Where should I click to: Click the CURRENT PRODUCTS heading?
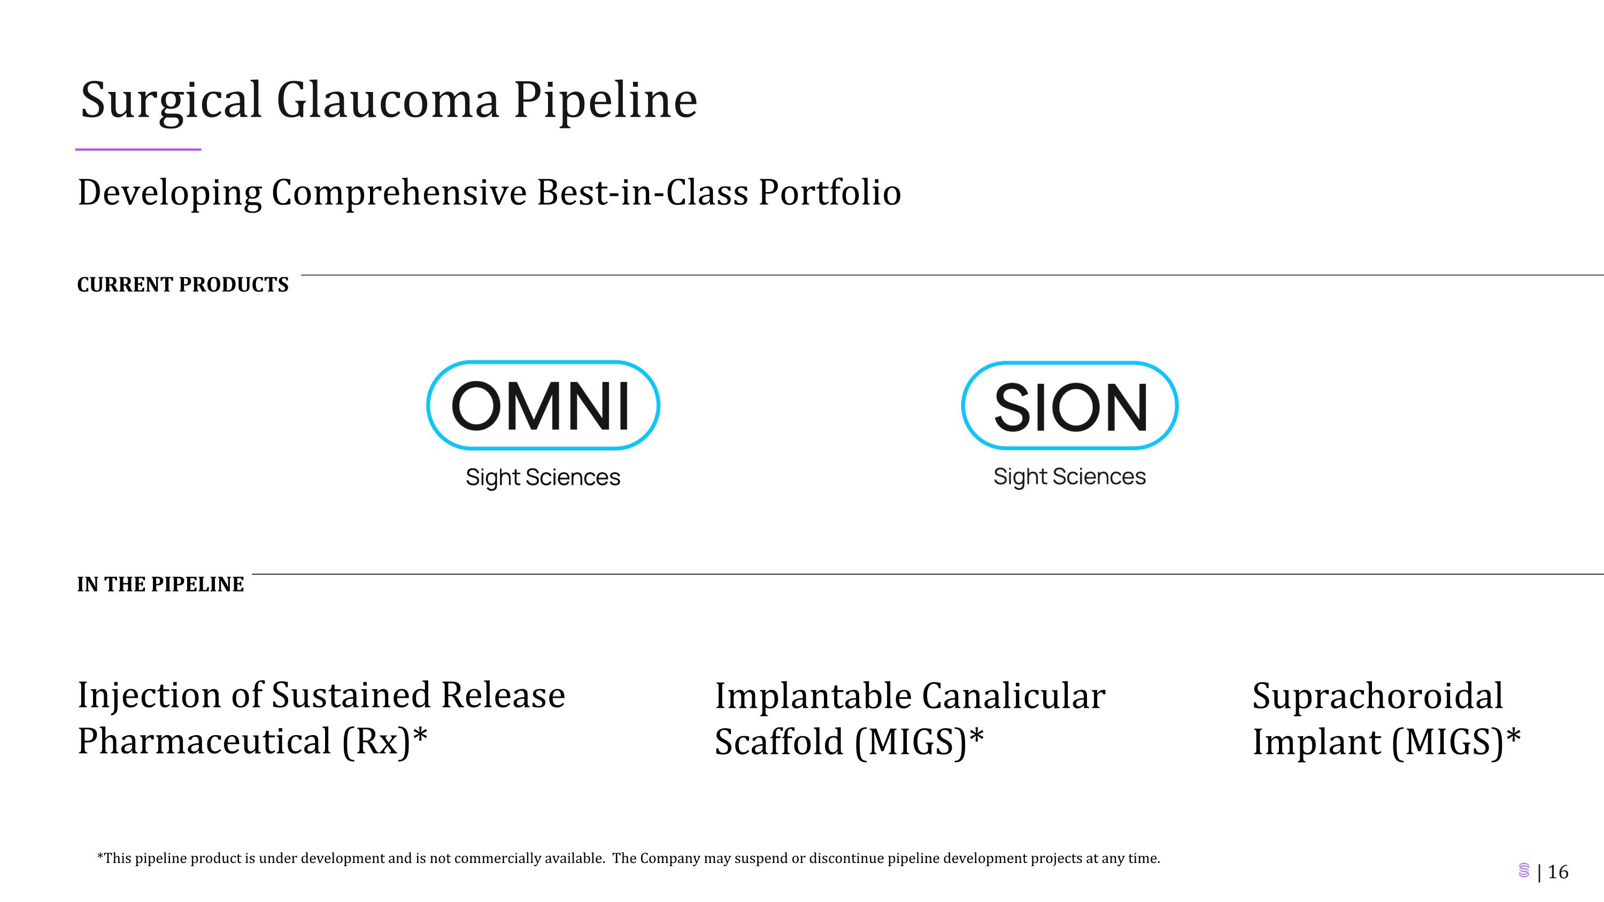[182, 284]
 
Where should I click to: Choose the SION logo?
[1069, 405]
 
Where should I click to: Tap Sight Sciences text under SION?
[1069, 477]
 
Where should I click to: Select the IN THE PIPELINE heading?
[160, 584]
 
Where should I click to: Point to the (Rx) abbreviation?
[376, 742]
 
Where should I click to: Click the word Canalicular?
[1013, 696]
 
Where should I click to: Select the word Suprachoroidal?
[1377, 696]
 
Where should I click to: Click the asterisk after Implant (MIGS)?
[1513, 736]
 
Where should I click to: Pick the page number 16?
[1558, 872]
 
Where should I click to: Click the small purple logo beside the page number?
[1524, 871]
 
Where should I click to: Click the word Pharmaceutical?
[204, 742]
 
